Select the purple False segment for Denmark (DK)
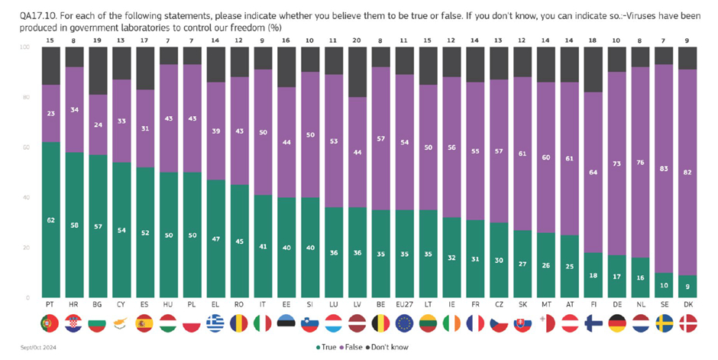coord(687,172)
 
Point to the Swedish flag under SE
coord(664,324)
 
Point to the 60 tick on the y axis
coord(25,148)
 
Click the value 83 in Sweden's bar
coord(664,167)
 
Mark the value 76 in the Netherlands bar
coord(640,161)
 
